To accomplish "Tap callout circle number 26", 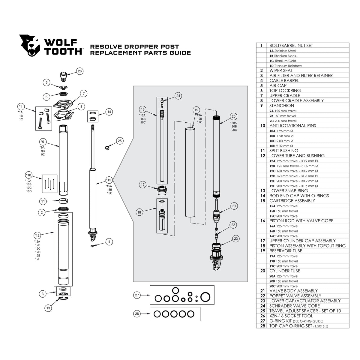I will (79, 71).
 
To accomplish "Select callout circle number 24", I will (178, 96).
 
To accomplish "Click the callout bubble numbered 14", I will (109, 112).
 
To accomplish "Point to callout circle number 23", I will (236, 238).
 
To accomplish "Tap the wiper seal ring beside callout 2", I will (63, 209).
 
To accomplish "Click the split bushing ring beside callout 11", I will (63, 201).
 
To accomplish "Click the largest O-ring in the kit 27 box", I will (205, 297).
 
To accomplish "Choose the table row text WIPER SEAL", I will (281, 70).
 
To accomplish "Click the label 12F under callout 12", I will (37, 259).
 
